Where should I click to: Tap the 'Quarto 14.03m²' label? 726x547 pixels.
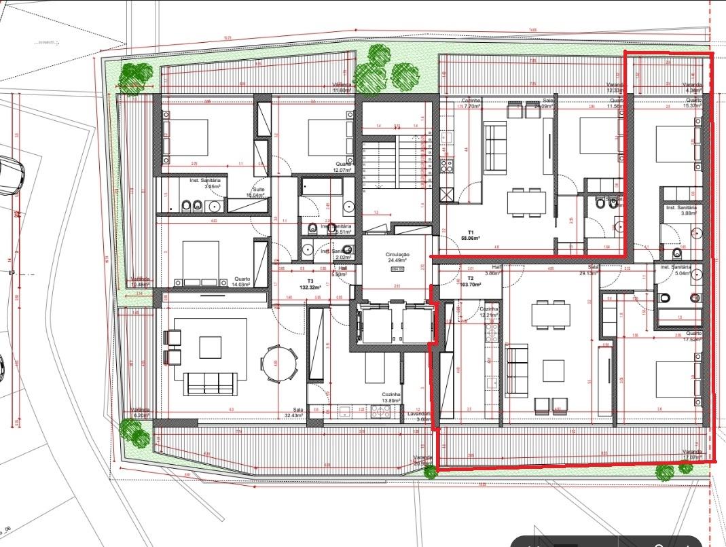pos(241,281)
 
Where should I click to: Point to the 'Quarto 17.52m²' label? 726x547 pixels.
pos(693,336)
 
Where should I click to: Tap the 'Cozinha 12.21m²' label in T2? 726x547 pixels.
pos(488,312)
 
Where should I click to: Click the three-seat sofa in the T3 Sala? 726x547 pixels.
pos(211,384)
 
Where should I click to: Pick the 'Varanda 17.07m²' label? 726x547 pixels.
pos(693,455)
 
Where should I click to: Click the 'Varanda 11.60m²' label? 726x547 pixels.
pos(342,88)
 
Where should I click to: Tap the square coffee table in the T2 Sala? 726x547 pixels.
pos(553,370)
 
